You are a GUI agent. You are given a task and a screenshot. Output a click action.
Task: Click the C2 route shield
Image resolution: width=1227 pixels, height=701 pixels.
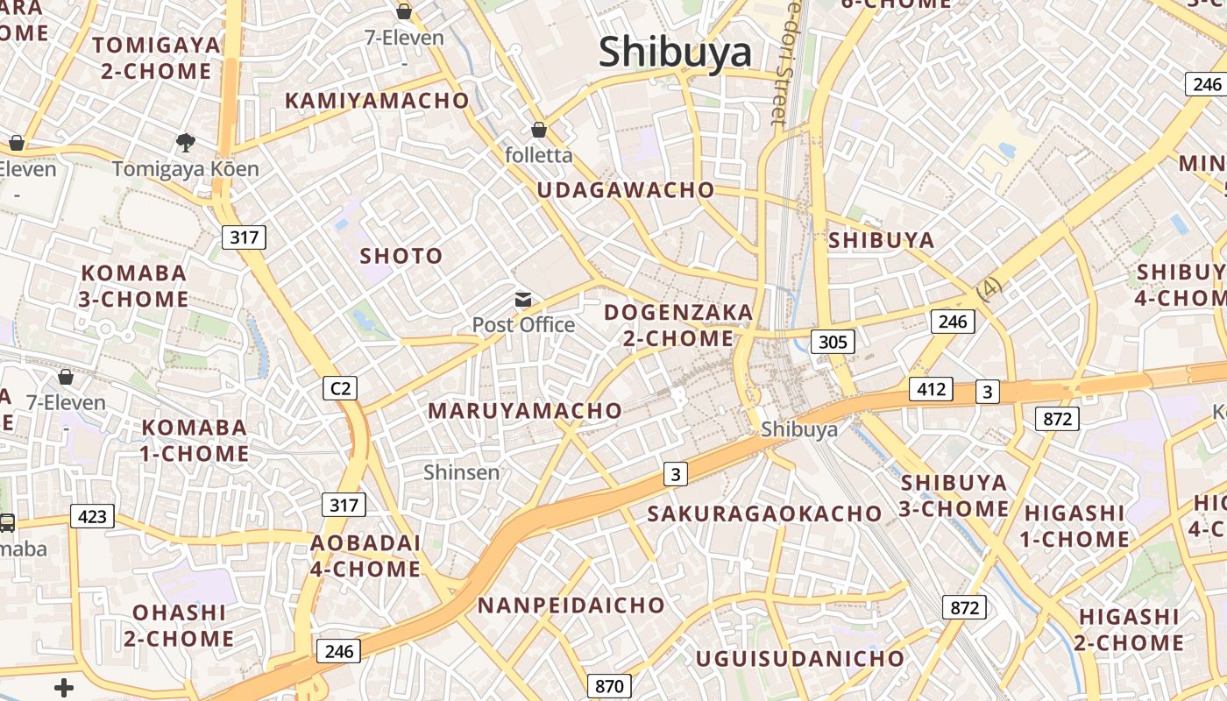point(339,387)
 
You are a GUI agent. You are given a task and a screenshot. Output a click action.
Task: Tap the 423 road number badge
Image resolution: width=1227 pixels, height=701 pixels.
point(92,516)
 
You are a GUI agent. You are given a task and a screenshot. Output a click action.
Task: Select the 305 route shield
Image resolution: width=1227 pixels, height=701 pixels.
point(832,341)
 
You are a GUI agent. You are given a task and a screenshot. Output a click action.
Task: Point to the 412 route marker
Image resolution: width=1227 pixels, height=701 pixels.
point(930,388)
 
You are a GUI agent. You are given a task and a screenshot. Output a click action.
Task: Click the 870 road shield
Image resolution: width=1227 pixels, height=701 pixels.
point(608,686)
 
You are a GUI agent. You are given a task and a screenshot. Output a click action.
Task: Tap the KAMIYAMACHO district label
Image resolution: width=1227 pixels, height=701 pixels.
point(377,101)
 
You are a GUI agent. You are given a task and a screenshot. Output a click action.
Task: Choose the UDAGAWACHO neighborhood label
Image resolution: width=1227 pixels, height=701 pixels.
point(626,190)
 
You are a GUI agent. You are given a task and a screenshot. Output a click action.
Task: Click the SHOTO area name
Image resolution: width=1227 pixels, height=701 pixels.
point(401,256)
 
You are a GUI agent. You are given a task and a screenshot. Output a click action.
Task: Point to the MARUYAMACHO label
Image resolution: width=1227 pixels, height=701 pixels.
point(525,410)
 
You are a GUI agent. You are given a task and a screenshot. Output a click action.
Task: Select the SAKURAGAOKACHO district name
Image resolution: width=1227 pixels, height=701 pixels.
point(764,513)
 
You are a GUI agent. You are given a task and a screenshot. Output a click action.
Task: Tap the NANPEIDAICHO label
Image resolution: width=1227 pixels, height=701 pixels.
point(571,605)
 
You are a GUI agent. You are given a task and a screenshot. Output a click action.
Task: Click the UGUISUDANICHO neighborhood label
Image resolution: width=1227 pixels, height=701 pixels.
point(799,658)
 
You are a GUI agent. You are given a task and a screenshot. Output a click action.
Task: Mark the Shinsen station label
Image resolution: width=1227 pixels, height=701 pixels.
point(461,472)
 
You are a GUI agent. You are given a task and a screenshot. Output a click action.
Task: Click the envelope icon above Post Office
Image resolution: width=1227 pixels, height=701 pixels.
point(523,300)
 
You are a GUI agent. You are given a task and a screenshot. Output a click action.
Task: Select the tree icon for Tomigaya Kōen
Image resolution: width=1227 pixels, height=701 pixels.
point(185,142)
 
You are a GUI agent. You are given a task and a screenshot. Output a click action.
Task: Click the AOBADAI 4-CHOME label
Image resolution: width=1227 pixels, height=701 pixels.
point(365,556)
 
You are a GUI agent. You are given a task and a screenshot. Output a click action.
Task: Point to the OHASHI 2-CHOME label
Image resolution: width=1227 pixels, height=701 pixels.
point(179,625)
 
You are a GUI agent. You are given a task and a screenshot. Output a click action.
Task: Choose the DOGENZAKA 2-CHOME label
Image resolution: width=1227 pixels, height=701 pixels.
point(678,325)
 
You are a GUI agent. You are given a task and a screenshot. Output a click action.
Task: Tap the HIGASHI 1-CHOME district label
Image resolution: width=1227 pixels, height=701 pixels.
point(1075,526)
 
